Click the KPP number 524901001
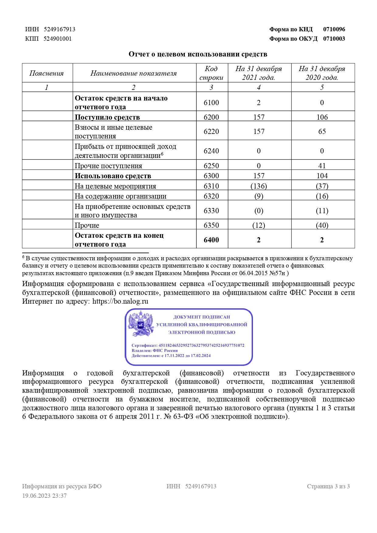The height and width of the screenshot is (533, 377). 57,39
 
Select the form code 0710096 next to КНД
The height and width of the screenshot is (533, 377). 334,29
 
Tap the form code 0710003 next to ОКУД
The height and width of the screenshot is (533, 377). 334,39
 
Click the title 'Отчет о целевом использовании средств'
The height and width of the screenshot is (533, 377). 198,54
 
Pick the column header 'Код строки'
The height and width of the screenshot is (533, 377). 211,73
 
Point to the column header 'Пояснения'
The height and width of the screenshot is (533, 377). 47,73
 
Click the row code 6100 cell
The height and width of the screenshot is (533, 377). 211,103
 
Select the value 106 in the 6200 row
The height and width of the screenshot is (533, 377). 322,117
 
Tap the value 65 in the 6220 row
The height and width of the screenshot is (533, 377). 322,132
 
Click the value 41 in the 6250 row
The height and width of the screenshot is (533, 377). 322,166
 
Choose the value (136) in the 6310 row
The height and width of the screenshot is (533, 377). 258,186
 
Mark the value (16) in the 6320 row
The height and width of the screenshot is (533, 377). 322,196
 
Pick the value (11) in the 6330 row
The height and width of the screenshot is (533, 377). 322,211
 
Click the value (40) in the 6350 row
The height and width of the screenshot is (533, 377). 322,225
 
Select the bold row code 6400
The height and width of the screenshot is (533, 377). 211,240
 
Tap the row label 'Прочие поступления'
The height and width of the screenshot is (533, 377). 109,166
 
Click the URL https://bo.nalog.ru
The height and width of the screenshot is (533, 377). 120,301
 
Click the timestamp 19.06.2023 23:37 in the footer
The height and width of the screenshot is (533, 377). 44,496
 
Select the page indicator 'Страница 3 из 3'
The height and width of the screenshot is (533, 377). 328,486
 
